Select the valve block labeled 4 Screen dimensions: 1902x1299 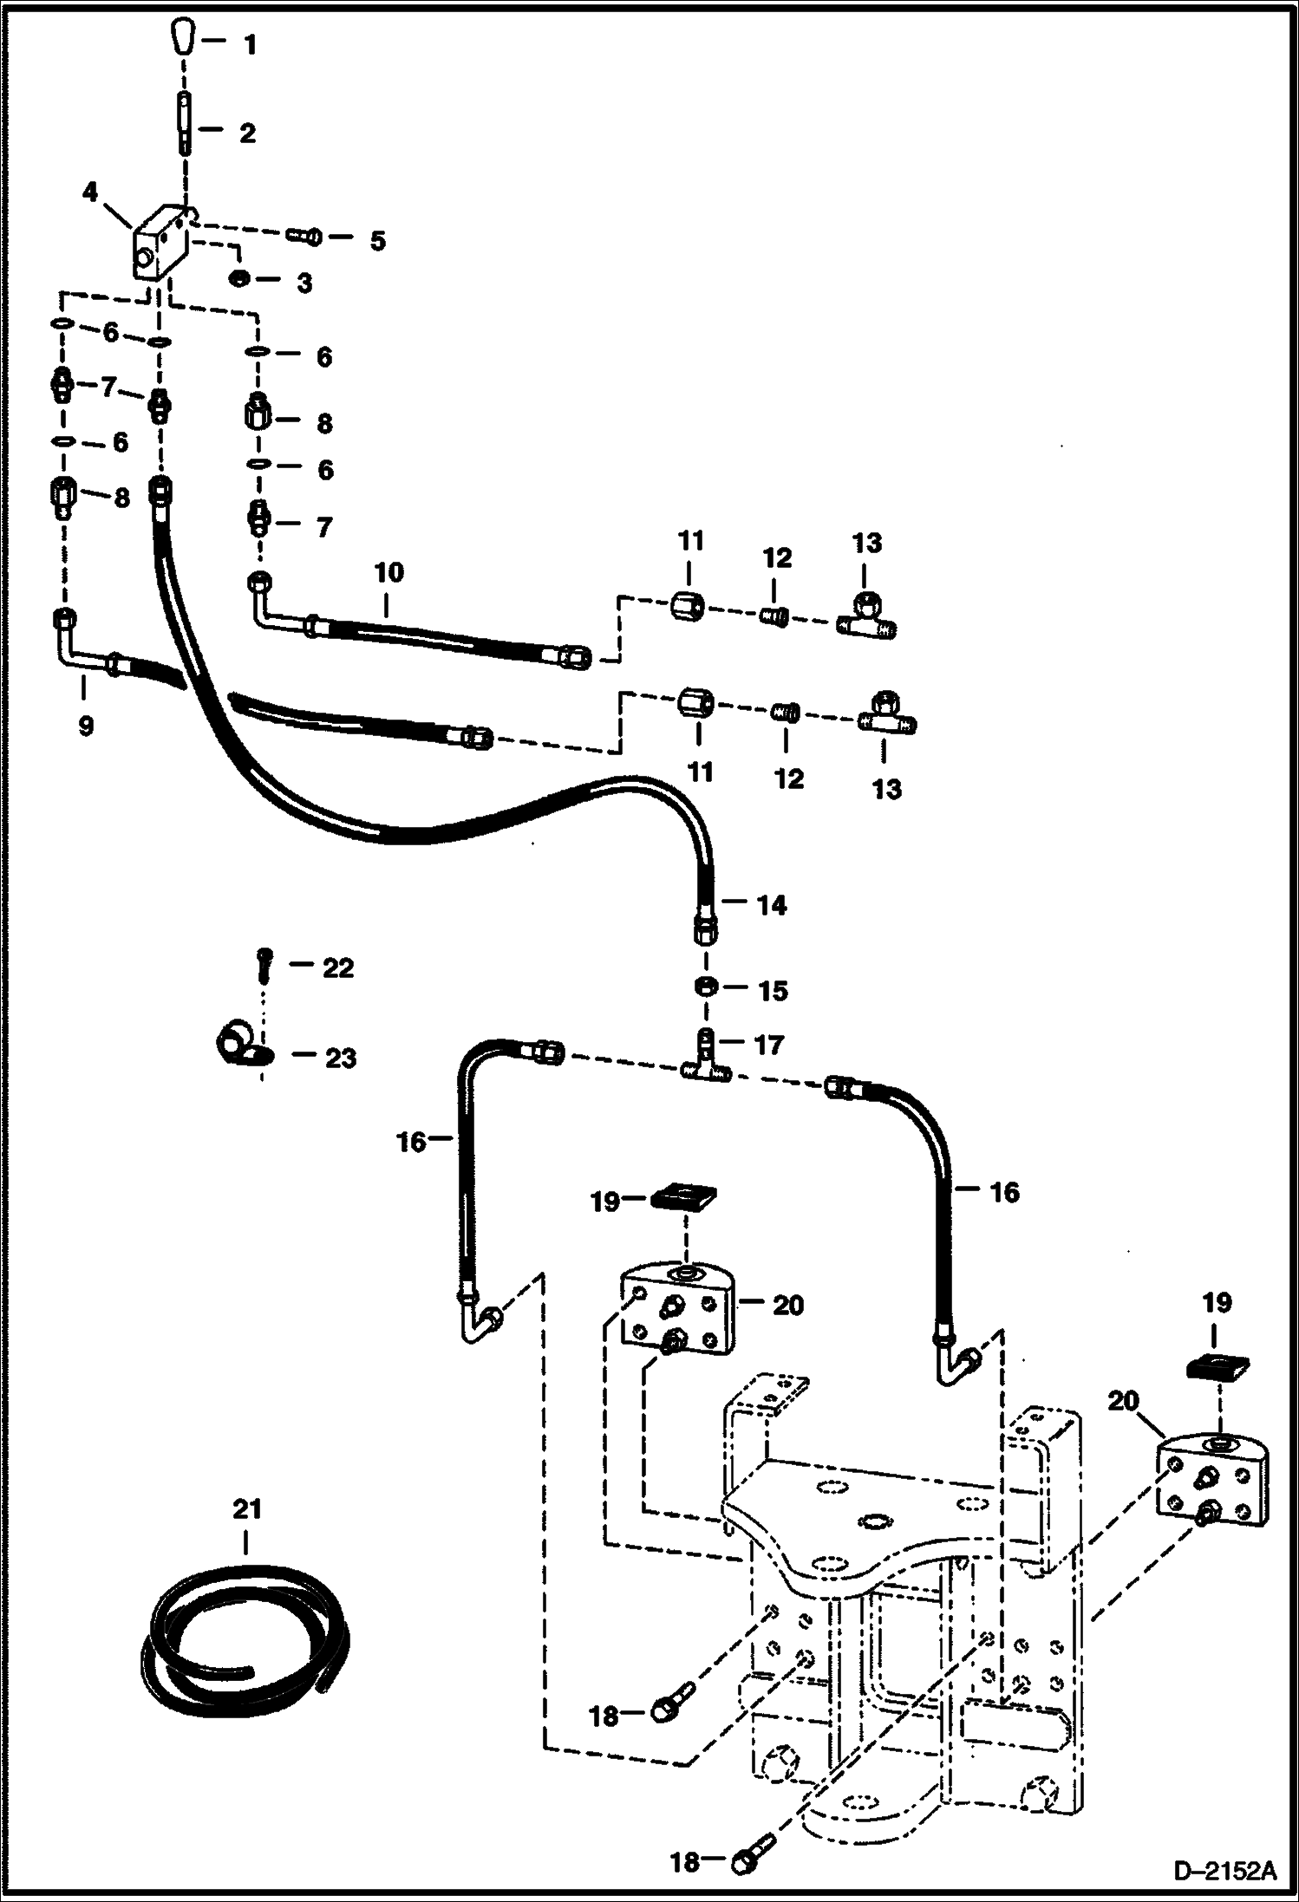(162, 244)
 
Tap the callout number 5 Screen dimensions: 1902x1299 (377, 241)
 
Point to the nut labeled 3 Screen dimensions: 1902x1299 (238, 279)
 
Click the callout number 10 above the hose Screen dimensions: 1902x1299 (389, 573)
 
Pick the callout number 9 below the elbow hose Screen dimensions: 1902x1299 (85, 725)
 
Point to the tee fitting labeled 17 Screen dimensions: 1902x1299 (707, 1058)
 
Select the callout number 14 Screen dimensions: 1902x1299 (770, 905)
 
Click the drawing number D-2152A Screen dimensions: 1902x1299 (1225, 1867)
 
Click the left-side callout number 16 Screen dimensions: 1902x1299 (411, 1142)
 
